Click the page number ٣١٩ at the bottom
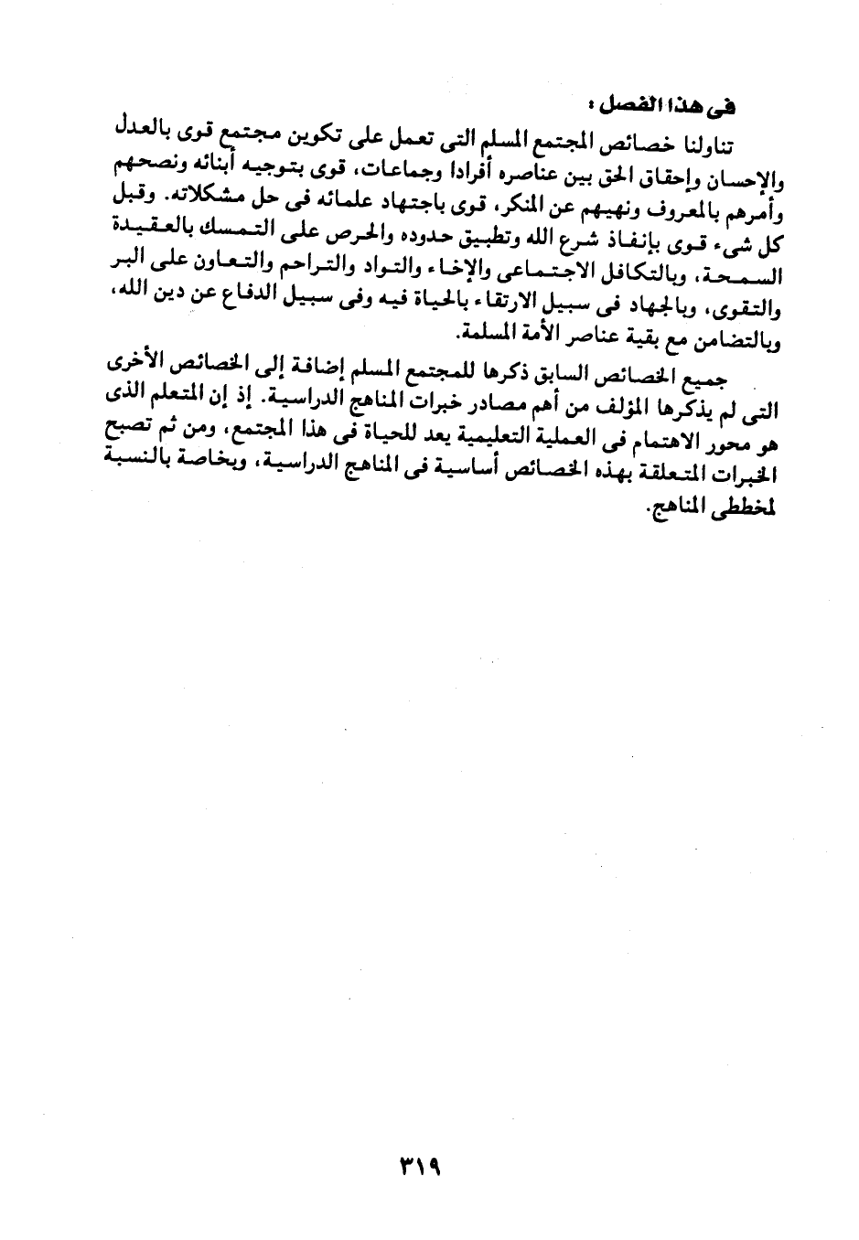tap(420, 1168)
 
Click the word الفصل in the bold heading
tap(637, 107)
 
